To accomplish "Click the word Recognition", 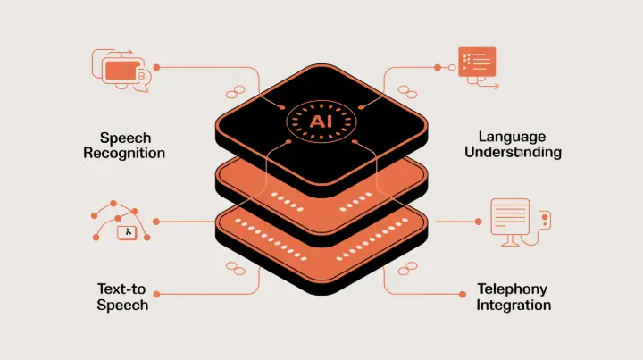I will (x=124, y=153).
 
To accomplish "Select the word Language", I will (x=512, y=137).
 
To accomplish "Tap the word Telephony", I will (x=514, y=289).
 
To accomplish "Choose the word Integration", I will (x=514, y=306).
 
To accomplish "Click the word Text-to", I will (x=123, y=289).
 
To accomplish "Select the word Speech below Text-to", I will (x=123, y=305).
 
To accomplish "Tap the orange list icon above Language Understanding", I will (x=476, y=61).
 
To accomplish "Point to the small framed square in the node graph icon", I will (x=128, y=232).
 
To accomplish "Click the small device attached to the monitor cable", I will (x=547, y=219).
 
